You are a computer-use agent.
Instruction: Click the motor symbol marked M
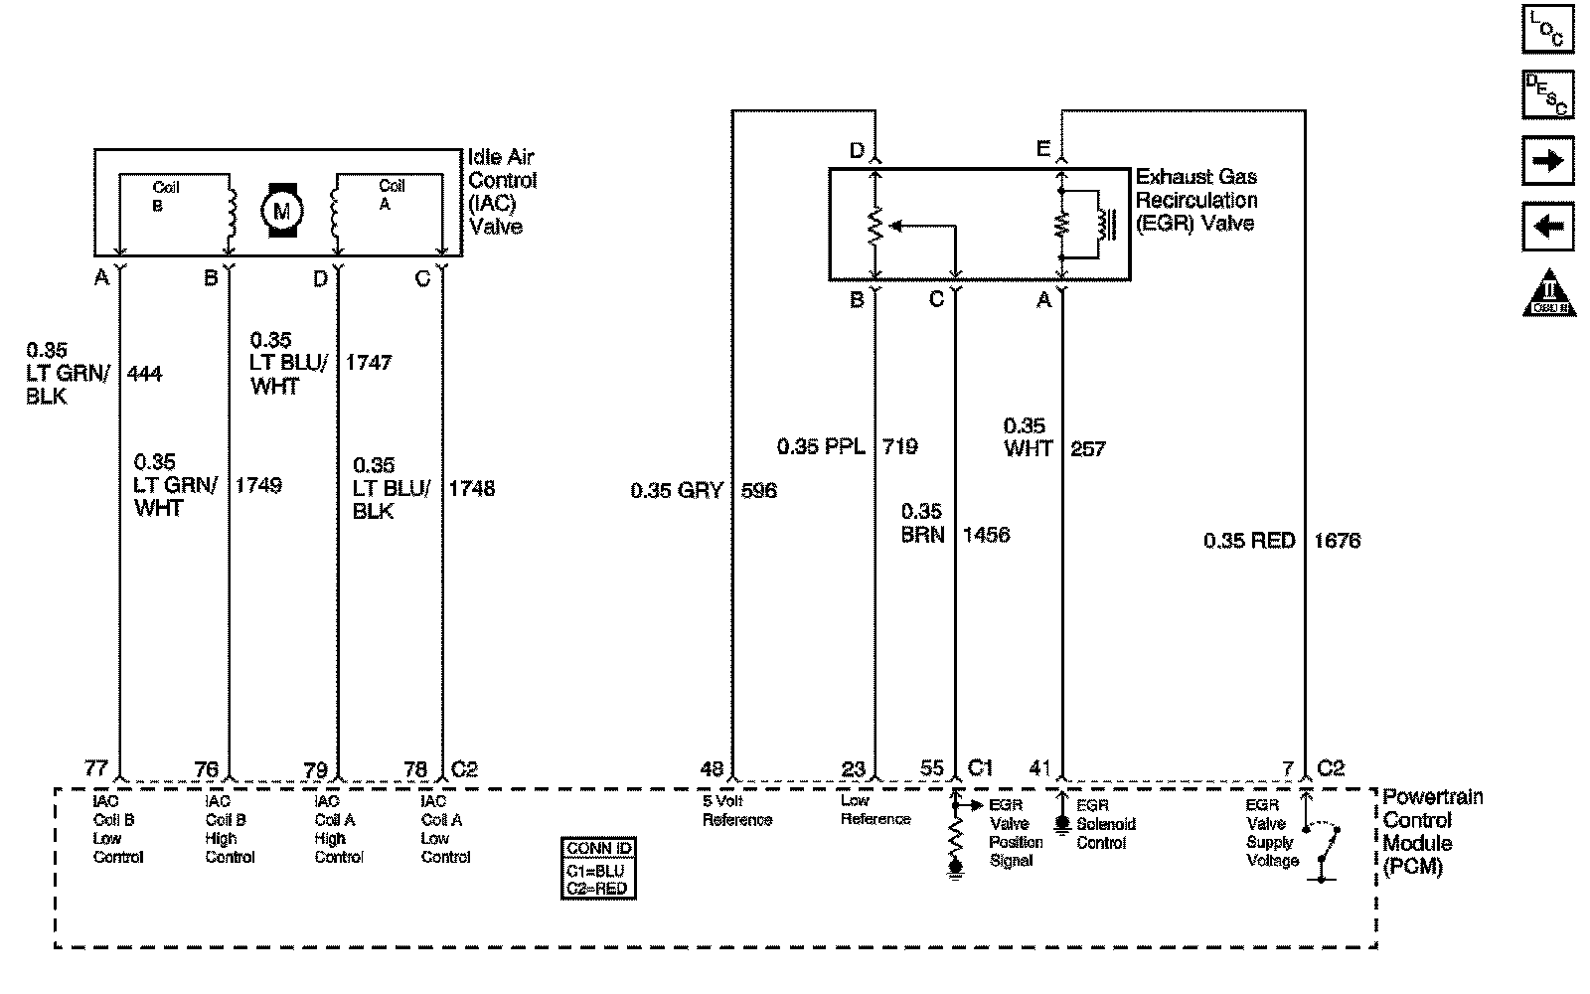[282, 209]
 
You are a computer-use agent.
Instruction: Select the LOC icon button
[1547, 29]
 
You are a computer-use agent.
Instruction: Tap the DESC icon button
[1547, 94]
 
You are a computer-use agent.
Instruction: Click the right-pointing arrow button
[1547, 161]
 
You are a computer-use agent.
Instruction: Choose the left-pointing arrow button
[1547, 226]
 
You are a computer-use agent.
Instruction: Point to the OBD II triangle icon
[1548, 292]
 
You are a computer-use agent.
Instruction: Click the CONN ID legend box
[598, 869]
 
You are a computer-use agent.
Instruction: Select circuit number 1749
[258, 485]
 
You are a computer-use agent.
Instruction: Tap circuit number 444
[144, 374]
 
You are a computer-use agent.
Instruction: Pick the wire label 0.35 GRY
[677, 490]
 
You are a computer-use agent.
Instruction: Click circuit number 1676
[1337, 541]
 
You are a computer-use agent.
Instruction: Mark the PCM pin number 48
[712, 768]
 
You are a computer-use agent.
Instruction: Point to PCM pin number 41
[1039, 768]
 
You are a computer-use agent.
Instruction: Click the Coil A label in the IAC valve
[391, 194]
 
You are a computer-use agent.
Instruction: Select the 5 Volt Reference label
[736, 810]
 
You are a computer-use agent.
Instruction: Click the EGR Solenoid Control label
[1105, 824]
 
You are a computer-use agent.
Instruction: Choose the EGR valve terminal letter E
[1042, 150]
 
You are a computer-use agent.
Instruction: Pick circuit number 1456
[986, 535]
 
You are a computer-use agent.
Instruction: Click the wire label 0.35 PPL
[821, 446]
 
